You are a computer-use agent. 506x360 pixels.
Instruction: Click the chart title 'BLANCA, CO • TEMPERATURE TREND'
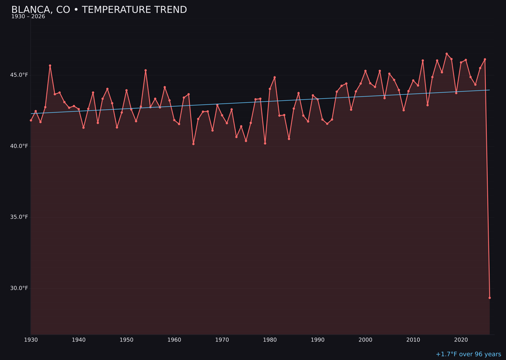[99, 10]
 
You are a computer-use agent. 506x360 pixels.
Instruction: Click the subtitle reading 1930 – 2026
[28, 17]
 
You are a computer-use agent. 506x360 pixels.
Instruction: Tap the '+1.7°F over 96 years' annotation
[468, 354]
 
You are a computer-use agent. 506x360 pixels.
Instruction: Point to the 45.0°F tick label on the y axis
[19, 75]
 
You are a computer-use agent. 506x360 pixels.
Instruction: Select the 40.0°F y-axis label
[19, 146]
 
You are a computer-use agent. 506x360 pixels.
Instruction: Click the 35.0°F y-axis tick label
[19, 217]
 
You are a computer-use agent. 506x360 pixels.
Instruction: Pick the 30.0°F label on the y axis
[19, 288]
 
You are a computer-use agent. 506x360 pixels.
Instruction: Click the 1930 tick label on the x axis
[31, 340]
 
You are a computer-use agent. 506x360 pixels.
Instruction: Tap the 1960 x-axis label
[174, 340]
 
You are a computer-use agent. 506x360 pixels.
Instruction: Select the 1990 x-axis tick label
[318, 340]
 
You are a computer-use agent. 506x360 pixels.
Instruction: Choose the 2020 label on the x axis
[461, 340]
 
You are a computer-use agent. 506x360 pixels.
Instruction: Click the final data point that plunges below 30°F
[490, 298]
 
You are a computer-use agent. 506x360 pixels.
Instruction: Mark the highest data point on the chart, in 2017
[446, 54]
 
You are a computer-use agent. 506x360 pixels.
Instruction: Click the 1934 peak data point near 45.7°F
[50, 66]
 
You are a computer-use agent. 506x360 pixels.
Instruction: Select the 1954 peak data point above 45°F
[146, 70]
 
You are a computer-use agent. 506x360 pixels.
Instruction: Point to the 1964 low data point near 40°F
[193, 144]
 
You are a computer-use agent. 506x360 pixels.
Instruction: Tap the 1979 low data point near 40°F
[265, 143]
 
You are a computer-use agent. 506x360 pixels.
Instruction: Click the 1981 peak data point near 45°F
[275, 77]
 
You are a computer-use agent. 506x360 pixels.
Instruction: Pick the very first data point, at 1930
[31, 120]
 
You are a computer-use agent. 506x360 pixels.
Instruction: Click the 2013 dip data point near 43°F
[427, 105]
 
